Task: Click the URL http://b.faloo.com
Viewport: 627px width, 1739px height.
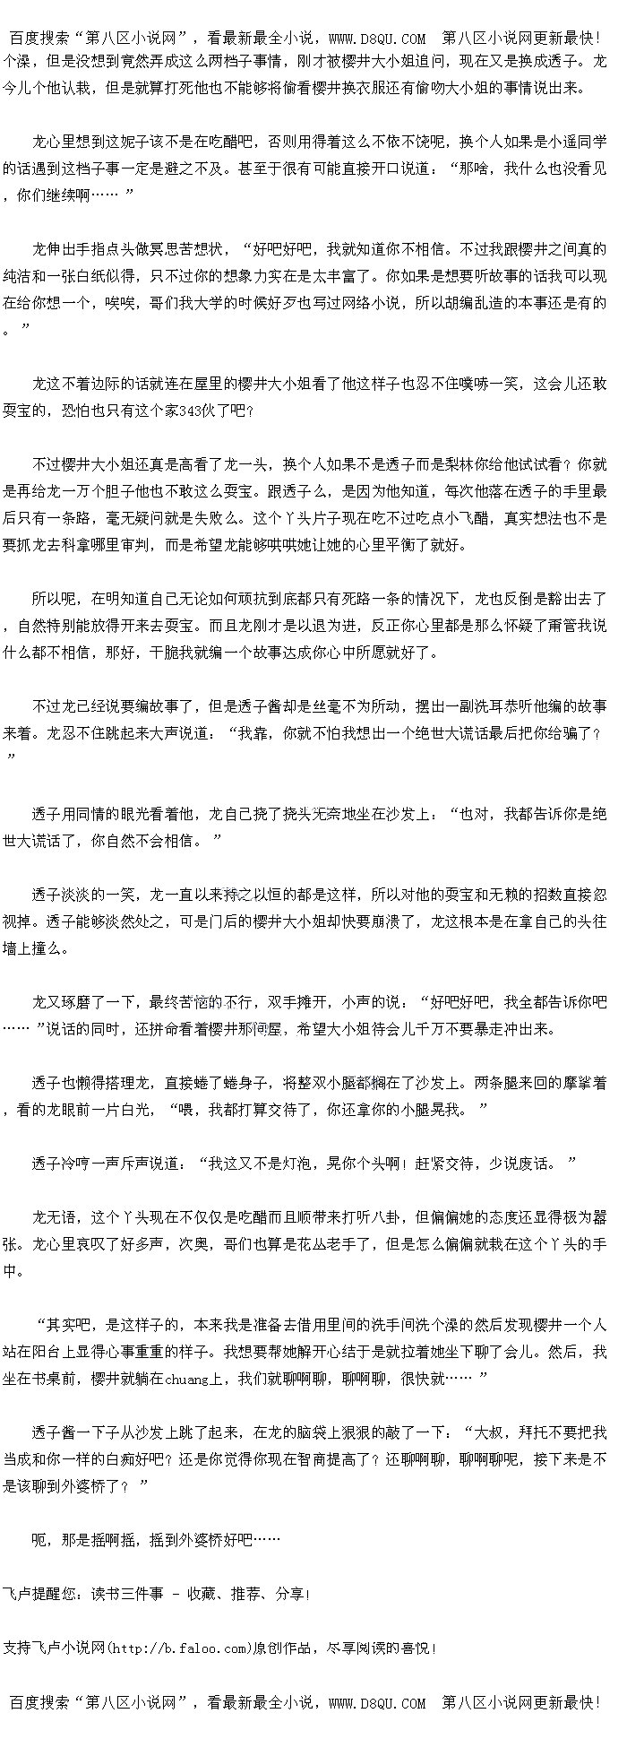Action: (178, 1648)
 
